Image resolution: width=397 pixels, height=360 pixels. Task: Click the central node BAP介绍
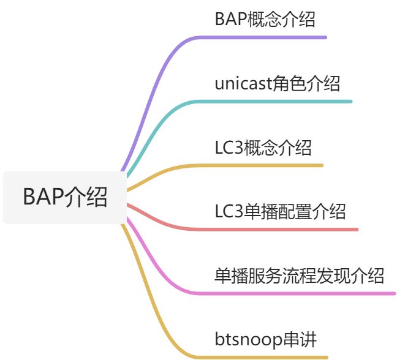65,198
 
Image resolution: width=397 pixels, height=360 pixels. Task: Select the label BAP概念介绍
265,20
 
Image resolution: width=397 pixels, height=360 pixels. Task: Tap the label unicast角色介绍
277,83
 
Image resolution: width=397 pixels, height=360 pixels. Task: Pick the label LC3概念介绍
263,148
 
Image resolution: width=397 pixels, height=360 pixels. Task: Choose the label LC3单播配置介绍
280,212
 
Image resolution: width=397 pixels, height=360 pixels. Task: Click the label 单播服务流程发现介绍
300,276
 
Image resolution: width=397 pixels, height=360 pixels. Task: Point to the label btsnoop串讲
265,339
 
